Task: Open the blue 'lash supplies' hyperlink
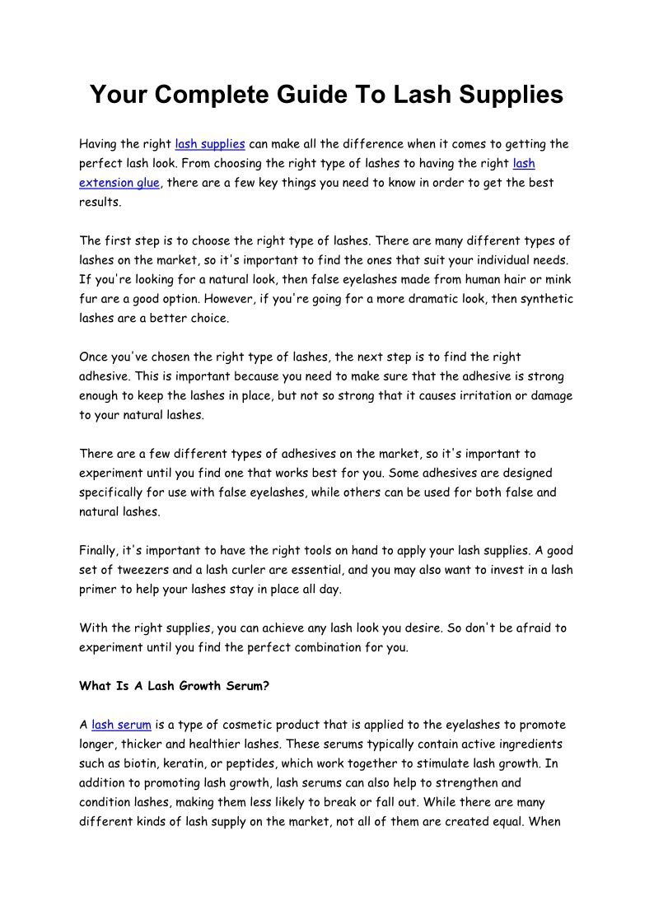coord(210,144)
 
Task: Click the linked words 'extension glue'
coord(119,183)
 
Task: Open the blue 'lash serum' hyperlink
coord(121,726)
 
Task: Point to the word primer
coord(100,590)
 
